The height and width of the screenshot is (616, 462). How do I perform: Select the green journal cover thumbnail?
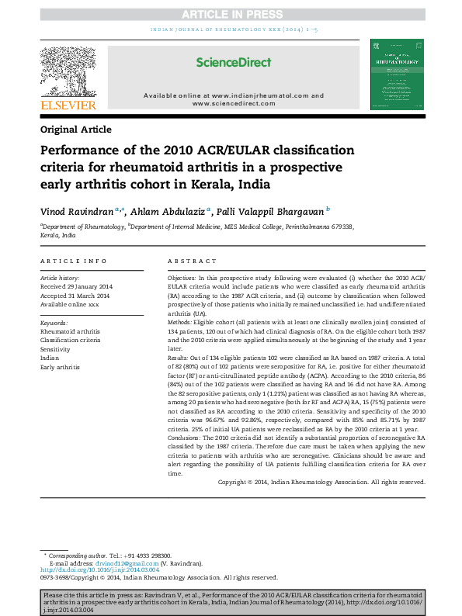tap(396, 74)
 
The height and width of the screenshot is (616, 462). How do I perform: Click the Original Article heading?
tap(75, 130)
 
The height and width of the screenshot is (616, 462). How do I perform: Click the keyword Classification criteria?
tap(70, 340)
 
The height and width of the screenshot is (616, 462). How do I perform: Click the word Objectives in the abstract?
tap(181, 277)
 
